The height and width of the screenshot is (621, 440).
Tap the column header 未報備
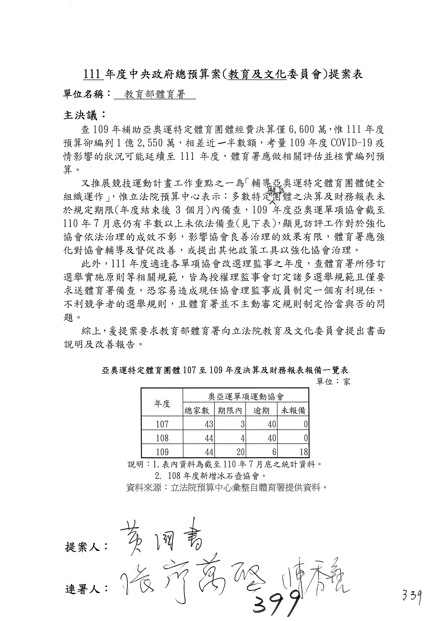point(293,411)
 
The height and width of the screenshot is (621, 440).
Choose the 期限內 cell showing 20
point(240,452)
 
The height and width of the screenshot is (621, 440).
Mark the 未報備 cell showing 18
point(304,452)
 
